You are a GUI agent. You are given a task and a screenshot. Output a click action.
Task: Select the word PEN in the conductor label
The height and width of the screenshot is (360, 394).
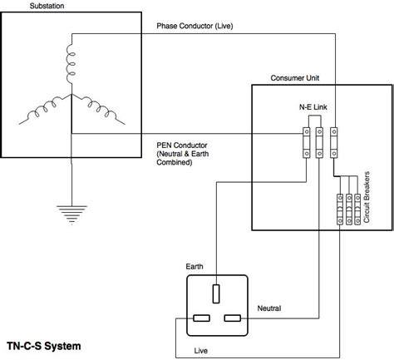coord(165,144)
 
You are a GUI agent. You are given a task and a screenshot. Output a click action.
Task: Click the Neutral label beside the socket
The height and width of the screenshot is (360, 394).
coord(270,308)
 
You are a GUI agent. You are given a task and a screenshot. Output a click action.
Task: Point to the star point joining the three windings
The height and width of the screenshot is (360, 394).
coord(72,96)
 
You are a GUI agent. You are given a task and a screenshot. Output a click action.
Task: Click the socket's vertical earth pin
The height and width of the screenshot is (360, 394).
coord(216,293)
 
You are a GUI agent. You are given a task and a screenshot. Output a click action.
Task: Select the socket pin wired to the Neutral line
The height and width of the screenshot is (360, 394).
coord(233,318)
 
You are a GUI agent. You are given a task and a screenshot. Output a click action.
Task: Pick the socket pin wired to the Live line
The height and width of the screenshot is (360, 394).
coord(200,318)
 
